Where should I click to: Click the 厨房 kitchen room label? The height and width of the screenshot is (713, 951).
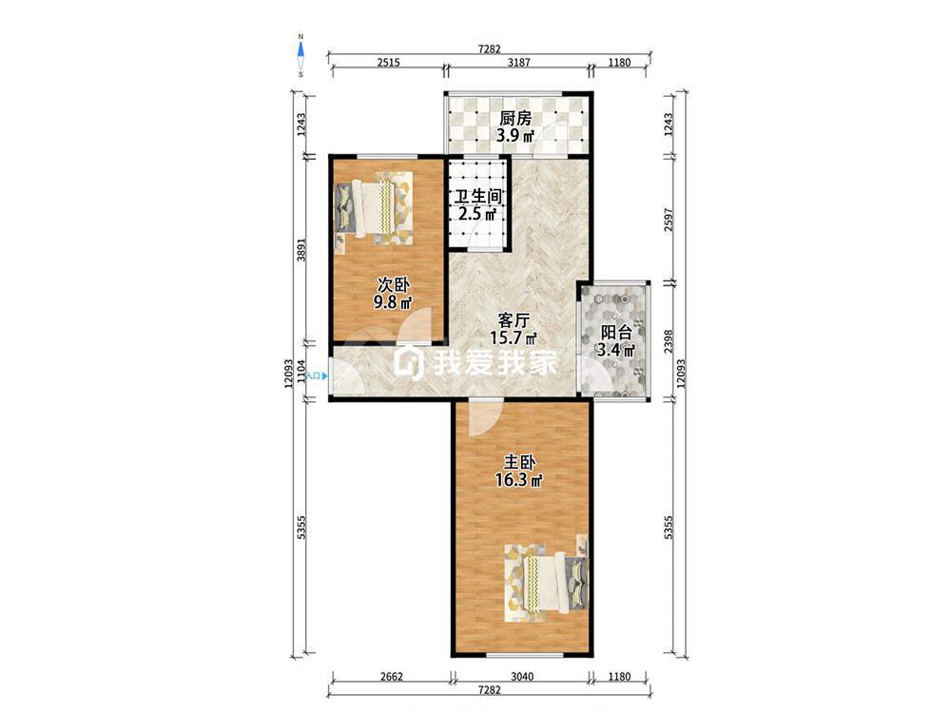[x=514, y=118]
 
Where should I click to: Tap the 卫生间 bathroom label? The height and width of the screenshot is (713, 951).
[x=479, y=197]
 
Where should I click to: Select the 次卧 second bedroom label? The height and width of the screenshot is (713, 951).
[x=393, y=284]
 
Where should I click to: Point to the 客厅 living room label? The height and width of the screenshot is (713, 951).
[x=514, y=319]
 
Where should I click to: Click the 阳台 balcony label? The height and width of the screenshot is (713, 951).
[x=615, y=333]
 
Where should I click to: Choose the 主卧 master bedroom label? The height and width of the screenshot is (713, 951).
[x=519, y=463]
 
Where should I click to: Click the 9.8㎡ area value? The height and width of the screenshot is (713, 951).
[x=393, y=302]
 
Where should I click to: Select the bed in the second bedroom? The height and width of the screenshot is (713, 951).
[x=373, y=208]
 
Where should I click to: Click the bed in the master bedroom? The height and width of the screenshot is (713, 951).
[x=547, y=583]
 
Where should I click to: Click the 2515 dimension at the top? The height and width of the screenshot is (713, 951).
[x=388, y=63]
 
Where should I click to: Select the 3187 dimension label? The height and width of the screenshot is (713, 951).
[x=518, y=63]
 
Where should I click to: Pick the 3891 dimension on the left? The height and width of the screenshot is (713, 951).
[x=301, y=249]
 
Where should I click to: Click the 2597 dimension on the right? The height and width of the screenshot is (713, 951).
[x=669, y=220]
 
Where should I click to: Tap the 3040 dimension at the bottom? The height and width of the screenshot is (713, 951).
[x=521, y=677]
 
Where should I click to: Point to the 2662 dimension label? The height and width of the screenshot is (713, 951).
[x=391, y=677]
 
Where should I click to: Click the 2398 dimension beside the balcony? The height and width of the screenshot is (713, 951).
[x=669, y=341]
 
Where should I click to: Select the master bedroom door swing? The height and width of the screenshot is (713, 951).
[x=485, y=418]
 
